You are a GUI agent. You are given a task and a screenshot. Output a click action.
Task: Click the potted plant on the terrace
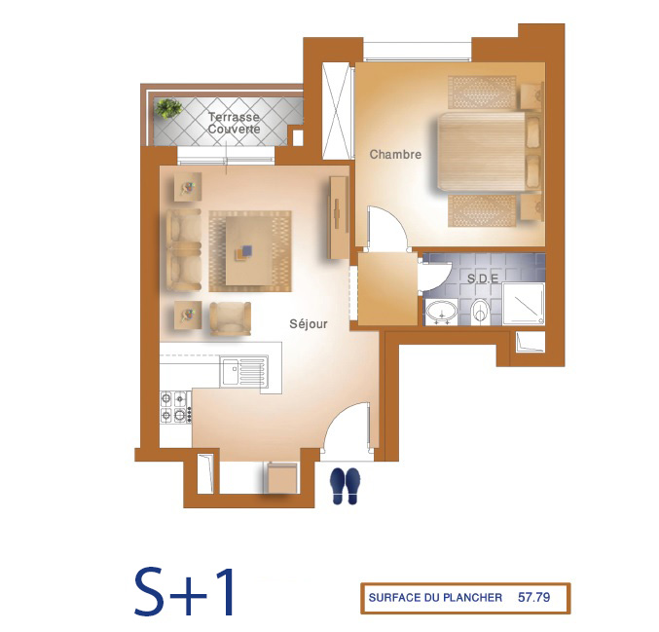point(168,108)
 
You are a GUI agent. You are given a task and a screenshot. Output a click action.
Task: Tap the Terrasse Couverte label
point(234,123)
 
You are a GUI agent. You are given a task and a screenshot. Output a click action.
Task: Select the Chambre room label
point(395,154)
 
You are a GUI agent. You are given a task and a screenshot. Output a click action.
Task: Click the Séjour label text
point(308,323)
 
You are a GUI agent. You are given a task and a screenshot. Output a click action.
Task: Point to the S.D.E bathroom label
point(483,279)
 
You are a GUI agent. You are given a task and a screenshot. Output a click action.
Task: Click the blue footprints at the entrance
point(345,486)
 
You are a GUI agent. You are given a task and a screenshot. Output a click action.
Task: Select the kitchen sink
point(243,372)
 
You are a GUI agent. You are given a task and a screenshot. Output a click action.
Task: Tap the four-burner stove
point(175,407)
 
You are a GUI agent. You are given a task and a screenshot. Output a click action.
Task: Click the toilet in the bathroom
point(479,312)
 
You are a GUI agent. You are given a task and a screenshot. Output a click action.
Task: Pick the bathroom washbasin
point(441,312)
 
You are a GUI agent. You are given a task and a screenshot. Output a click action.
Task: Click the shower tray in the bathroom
point(524,305)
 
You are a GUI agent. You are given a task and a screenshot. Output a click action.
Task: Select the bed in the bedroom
point(489,151)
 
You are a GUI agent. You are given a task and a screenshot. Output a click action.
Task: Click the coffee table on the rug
point(249,250)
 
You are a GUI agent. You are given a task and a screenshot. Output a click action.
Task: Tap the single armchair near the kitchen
point(230,318)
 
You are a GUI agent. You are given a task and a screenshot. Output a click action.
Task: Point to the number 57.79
point(533,597)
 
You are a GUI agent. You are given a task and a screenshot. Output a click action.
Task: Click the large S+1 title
point(184,592)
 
